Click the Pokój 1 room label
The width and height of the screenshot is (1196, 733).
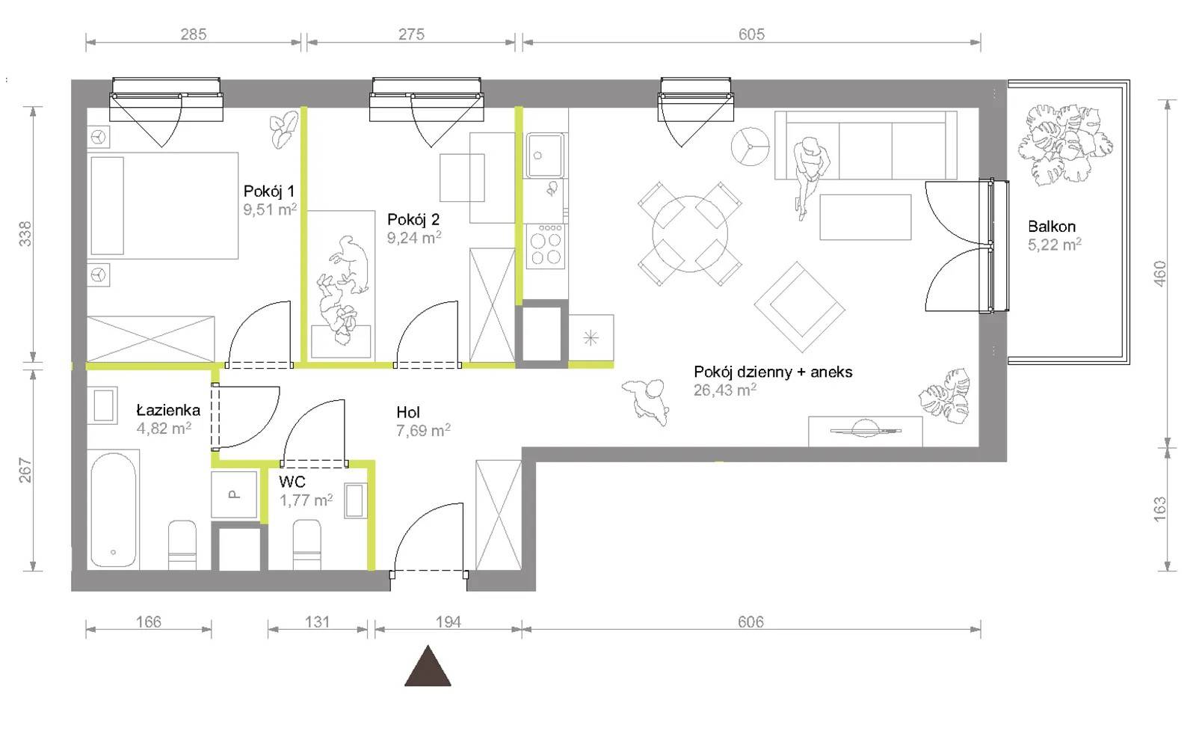tap(268, 191)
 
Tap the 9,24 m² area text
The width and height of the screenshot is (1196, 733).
tap(414, 238)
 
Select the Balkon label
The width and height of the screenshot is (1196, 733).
tap(1051, 227)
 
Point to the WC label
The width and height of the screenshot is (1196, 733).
tap(292, 482)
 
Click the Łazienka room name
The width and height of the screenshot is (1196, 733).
tap(168, 410)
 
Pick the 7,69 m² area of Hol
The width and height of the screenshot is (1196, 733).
tap(423, 430)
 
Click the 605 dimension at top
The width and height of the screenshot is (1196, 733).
tap(751, 34)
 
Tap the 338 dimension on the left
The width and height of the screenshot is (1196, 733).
tap(25, 234)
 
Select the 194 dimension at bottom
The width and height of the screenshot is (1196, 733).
tap(448, 622)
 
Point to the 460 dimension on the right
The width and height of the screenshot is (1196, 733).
tap(1159, 274)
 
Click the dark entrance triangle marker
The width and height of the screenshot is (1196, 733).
tap(428, 666)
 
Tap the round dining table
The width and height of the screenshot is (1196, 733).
tap(690, 234)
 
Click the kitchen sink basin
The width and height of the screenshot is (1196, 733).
tap(545, 155)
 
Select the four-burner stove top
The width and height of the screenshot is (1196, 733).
tap(546, 246)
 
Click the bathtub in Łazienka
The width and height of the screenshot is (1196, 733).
tap(113, 509)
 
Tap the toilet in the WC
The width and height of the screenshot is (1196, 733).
tap(307, 545)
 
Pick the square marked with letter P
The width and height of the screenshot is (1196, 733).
tap(234, 494)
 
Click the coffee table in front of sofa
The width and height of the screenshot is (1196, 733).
tap(866, 217)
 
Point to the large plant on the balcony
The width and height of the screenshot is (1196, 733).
tap(1065, 144)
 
